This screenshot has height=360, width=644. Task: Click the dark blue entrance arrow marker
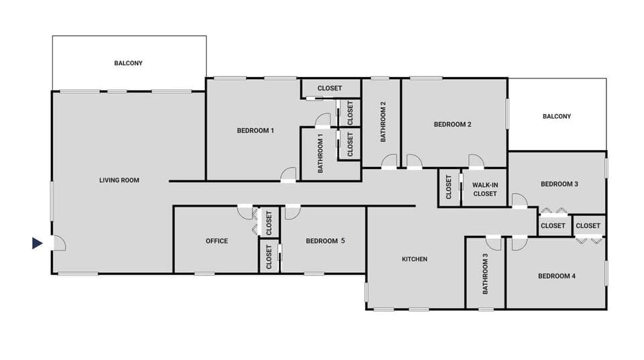[38, 243]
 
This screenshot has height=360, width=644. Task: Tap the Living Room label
[119, 180]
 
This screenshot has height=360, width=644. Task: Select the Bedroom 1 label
[256, 130]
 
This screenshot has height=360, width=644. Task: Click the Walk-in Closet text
[484, 189]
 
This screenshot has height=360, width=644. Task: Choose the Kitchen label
[415, 259]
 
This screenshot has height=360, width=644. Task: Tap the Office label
[217, 241]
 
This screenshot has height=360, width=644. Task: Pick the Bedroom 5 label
[325, 241]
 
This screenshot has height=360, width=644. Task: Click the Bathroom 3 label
[486, 274]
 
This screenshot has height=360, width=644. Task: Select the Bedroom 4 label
[556, 276]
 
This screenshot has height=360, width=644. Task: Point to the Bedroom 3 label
[559, 184]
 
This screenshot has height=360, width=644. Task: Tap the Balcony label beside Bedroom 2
[557, 116]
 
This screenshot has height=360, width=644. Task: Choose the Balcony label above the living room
[128, 63]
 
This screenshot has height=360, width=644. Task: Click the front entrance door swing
[58, 242]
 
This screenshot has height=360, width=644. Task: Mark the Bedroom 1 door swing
[288, 174]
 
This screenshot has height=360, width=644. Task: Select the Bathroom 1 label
[321, 154]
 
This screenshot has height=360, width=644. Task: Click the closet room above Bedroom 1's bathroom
[329, 88]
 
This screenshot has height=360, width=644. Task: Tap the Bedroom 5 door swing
[292, 213]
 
